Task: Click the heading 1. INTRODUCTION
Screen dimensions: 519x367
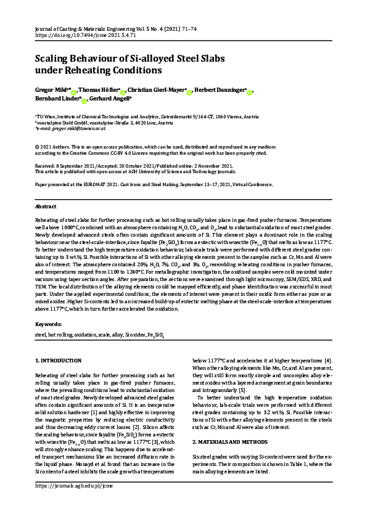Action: pyautogui.click(x=59, y=360)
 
